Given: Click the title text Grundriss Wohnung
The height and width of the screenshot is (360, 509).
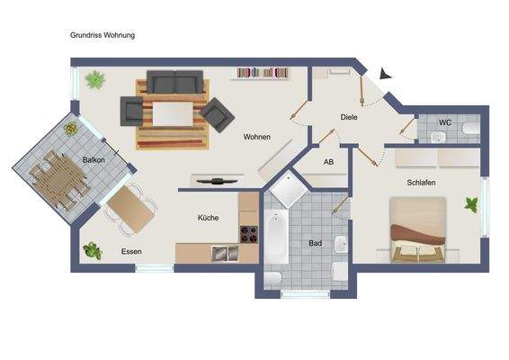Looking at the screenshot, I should [x=103, y=35].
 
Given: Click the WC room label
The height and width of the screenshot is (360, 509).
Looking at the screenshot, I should [x=444, y=121].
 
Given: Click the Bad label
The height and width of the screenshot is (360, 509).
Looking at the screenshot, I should [x=315, y=243].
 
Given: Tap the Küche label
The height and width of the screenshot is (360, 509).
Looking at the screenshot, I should [x=209, y=218].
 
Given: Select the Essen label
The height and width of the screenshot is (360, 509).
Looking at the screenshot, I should [x=131, y=252].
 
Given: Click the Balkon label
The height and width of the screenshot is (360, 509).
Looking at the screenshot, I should [x=94, y=159].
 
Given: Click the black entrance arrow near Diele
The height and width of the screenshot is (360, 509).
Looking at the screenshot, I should [x=385, y=76].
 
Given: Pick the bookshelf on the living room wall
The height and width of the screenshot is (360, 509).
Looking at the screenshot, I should [x=262, y=72].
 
